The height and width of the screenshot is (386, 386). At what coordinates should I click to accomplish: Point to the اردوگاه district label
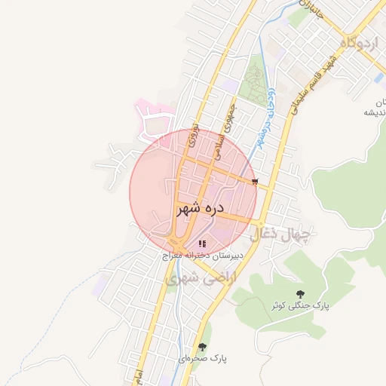tap(359, 43)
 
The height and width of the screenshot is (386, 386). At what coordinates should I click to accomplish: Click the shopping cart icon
tap(256, 182)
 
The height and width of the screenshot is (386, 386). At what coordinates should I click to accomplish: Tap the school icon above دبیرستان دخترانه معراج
tap(201, 244)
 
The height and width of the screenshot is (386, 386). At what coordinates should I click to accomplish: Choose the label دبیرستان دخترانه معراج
tap(202, 256)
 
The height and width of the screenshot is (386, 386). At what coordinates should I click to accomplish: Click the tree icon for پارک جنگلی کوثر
tap(301, 293)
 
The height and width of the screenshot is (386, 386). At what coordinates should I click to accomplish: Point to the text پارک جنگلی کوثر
tap(301, 306)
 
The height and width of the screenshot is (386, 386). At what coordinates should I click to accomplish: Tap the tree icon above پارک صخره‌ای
tap(202, 347)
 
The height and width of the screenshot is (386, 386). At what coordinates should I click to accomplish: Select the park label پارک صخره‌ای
tap(203, 358)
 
